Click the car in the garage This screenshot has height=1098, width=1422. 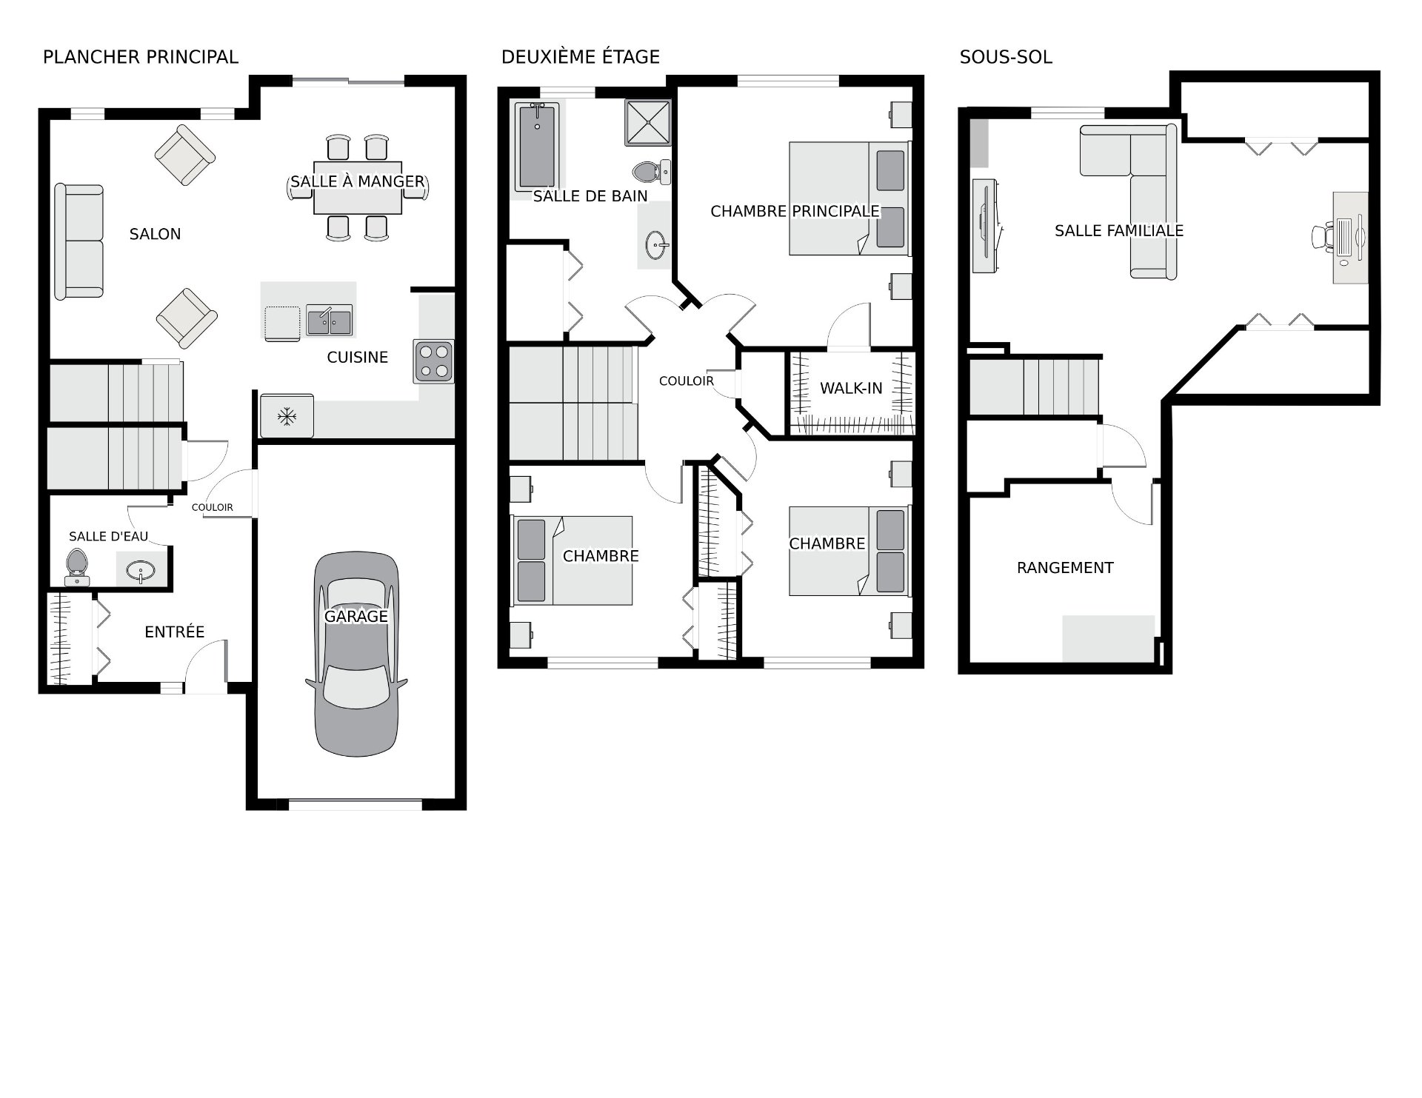click(x=356, y=654)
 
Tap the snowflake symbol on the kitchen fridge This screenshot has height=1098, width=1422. click(x=287, y=417)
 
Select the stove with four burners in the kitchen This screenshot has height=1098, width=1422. click(x=434, y=361)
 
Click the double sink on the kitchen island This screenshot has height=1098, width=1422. click(x=330, y=321)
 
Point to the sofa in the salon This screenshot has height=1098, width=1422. click(x=79, y=241)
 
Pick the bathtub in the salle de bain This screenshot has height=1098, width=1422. click(x=537, y=147)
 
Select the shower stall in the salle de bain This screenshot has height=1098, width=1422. click(x=648, y=122)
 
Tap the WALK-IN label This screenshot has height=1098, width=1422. click(x=851, y=388)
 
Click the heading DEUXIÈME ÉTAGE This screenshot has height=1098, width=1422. click(x=581, y=57)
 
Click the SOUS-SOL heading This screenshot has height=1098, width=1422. click(x=1006, y=57)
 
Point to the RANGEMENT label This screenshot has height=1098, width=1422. click(x=1065, y=568)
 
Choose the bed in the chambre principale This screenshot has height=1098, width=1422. click(x=849, y=198)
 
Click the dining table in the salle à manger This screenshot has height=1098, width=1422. click(x=358, y=187)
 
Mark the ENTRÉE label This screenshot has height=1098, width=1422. click(x=175, y=632)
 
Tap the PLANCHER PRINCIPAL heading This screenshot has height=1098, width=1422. click(x=141, y=57)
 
